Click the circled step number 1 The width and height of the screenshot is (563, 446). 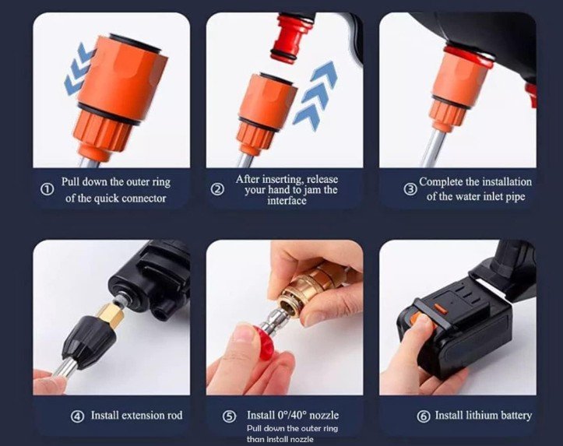pyautogui.click(x=47, y=189)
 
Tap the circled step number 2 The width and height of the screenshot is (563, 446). pyautogui.click(x=217, y=189)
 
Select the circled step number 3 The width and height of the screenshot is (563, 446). pyautogui.click(x=410, y=189)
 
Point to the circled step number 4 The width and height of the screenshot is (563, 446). pyautogui.click(x=77, y=416)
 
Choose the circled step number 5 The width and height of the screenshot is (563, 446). pyautogui.click(x=230, y=416)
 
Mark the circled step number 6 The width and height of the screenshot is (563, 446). pyautogui.click(x=424, y=416)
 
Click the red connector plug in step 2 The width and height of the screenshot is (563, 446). pyautogui.click(x=289, y=37)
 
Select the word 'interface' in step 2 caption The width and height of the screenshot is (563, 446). pyautogui.click(x=287, y=200)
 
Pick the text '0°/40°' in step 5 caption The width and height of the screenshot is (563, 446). pyautogui.click(x=292, y=415)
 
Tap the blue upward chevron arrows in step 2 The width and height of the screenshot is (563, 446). pyautogui.click(x=315, y=96)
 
